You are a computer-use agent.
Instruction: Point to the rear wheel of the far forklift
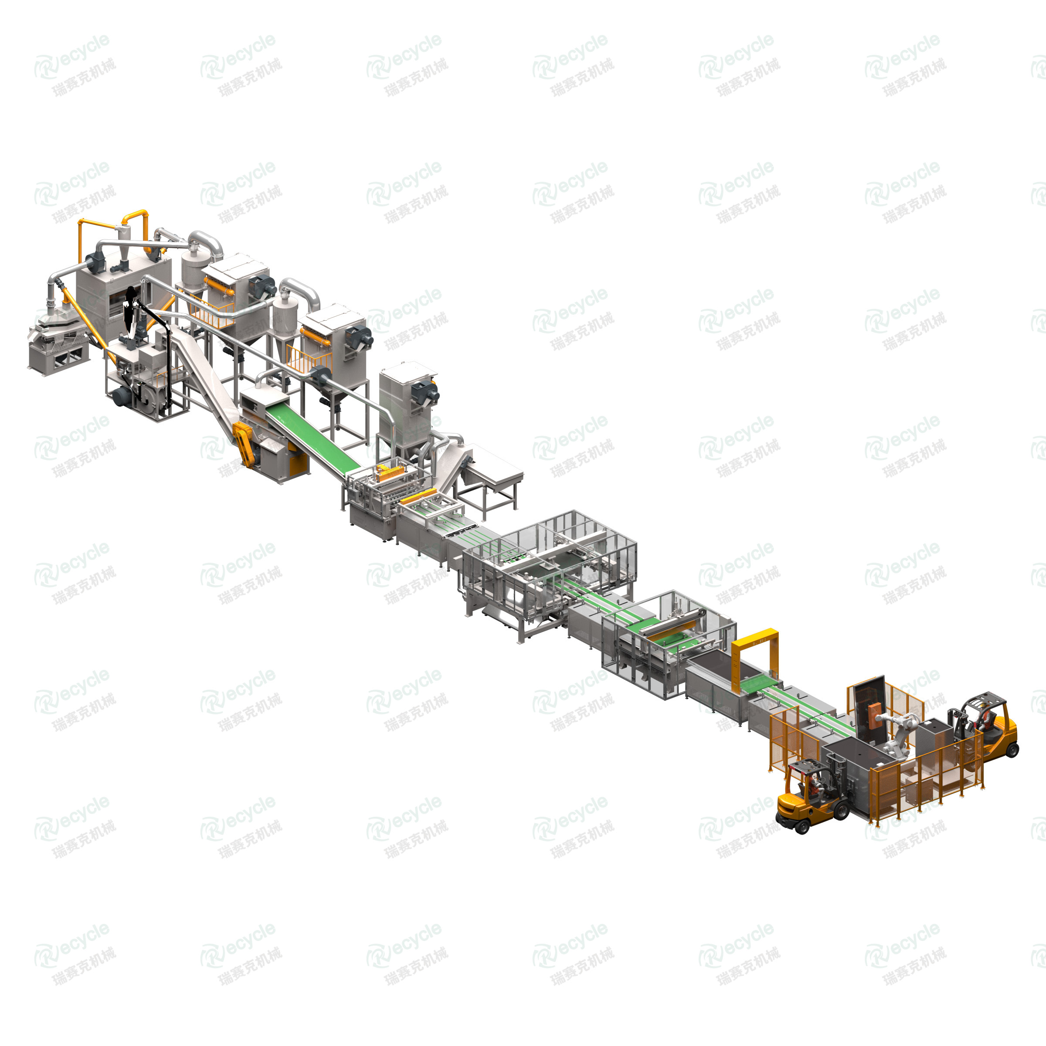[x=1011, y=749]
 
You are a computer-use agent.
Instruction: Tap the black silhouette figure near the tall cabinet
[x=130, y=311]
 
